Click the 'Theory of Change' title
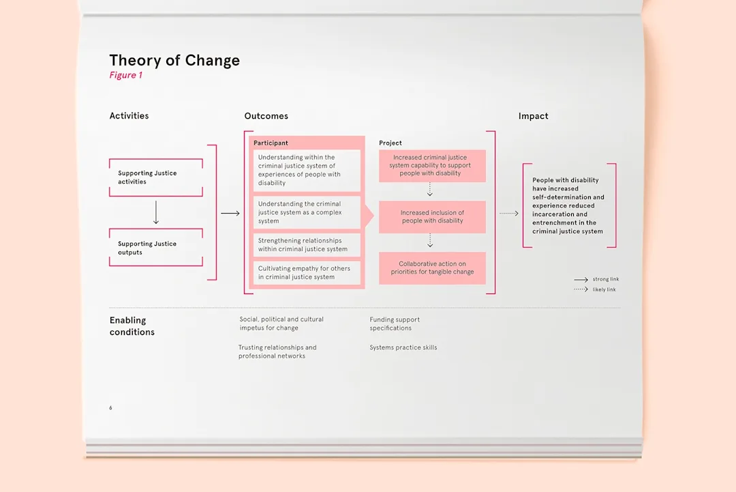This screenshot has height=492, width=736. pos(174,60)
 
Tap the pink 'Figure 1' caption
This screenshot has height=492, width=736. pos(126,75)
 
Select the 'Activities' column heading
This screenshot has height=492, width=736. pos(129,115)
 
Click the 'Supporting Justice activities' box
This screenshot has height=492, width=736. pos(156,177)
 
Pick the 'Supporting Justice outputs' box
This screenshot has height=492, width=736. pos(156,248)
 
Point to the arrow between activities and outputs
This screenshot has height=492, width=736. pos(156,212)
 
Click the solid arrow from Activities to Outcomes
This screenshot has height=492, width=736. pos(230,214)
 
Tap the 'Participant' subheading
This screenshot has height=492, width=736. pos(271,143)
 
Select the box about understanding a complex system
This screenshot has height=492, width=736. pos(307,212)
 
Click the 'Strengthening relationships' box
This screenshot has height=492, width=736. pos(307,245)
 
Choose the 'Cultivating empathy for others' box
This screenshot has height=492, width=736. pos(307,272)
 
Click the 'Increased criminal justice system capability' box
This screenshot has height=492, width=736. pos(432,165)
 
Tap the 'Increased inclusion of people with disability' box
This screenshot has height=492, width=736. pos(432,216)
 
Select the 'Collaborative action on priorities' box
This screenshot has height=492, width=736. pos(432,268)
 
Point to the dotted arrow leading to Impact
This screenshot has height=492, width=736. pos(509,214)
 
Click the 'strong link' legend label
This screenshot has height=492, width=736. pos(606,279)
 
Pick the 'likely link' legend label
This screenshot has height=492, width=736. pos(604,289)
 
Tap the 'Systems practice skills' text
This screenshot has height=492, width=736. pos(403,347)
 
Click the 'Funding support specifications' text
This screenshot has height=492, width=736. pos(395,323)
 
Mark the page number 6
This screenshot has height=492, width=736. pos(111,408)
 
